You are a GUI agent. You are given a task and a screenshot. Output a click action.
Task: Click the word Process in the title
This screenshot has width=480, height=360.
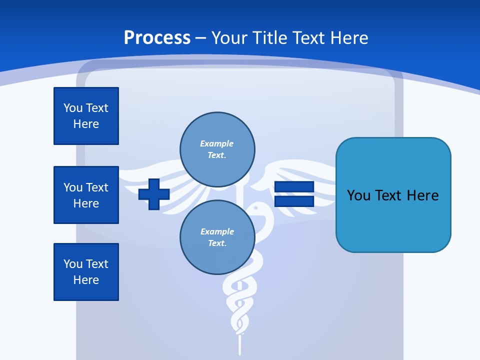tap(157, 38)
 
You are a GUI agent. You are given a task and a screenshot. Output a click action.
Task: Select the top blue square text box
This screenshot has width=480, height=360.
tap(86, 116)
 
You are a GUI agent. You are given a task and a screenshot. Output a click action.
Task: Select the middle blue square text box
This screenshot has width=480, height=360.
tap(86, 195)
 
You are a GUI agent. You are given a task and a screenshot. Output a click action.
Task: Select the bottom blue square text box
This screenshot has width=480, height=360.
tap(86, 272)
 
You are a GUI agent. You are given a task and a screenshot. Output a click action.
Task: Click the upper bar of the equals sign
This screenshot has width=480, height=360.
tap(294, 187)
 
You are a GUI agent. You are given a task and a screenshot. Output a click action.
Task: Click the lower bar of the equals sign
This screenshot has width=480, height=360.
tap(294, 201)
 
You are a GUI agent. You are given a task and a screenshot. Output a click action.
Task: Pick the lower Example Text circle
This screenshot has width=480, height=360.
tap(217, 237)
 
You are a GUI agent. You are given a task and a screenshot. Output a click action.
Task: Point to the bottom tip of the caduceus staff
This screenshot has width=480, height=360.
tap(240, 353)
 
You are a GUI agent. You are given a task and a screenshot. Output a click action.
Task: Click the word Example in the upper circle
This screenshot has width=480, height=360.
tap(217, 143)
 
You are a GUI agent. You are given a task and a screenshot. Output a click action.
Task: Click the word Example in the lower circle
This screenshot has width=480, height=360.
tap(217, 231)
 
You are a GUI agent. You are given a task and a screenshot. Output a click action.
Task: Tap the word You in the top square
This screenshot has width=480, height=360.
tap(72, 108)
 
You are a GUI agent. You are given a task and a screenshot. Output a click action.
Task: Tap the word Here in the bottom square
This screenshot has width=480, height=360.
tap(86, 280)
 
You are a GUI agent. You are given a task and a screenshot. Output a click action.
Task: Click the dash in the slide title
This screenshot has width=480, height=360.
tap(201, 38)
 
